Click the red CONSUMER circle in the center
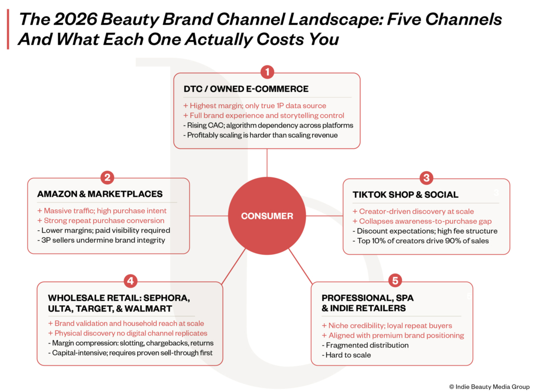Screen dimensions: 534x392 tap(267, 216)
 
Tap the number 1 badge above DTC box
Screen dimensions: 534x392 tap(268, 72)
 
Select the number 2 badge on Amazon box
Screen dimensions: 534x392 tap(107, 177)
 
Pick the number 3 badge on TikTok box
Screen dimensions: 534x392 tap(427, 177)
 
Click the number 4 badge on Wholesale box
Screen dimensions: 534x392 tap(130, 281)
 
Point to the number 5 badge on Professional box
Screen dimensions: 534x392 tap(395, 280)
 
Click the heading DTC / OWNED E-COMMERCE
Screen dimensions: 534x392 tap(246, 89)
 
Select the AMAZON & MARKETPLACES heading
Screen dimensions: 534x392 tap(100, 194)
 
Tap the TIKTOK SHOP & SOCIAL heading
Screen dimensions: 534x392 tap(405, 195)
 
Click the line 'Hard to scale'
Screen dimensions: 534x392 tap(346, 355)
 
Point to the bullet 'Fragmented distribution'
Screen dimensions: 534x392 tap(365, 345)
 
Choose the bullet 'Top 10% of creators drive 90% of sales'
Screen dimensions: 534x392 tap(421, 241)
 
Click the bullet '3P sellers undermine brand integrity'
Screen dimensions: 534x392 tap(101, 240)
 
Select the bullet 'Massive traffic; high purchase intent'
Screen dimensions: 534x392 tap(102, 211)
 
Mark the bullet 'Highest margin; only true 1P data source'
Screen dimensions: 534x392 tap(254, 105)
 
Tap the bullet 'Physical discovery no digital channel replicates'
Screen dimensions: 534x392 tap(128, 333)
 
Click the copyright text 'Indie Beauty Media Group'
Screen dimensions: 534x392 tap(492, 387)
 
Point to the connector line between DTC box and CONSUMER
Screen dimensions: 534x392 tap(267, 163)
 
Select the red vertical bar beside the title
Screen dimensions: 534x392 tap(8, 29)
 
